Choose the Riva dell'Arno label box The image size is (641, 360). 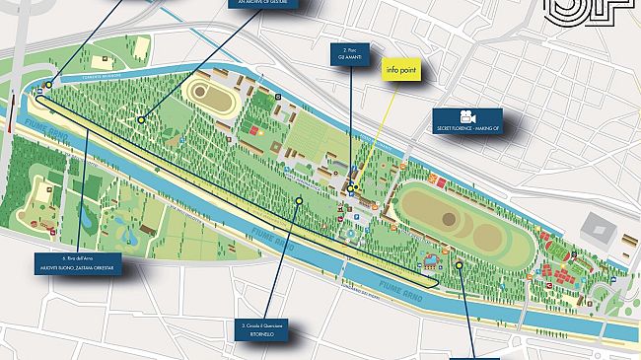pos(76,267)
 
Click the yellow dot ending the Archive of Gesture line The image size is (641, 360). pos(141,119)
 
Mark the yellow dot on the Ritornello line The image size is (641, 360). pos(299,201)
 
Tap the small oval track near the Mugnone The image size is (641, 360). pos(207,94)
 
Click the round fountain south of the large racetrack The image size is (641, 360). pos(429,263)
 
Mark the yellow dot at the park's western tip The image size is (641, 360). pos(46,86)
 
